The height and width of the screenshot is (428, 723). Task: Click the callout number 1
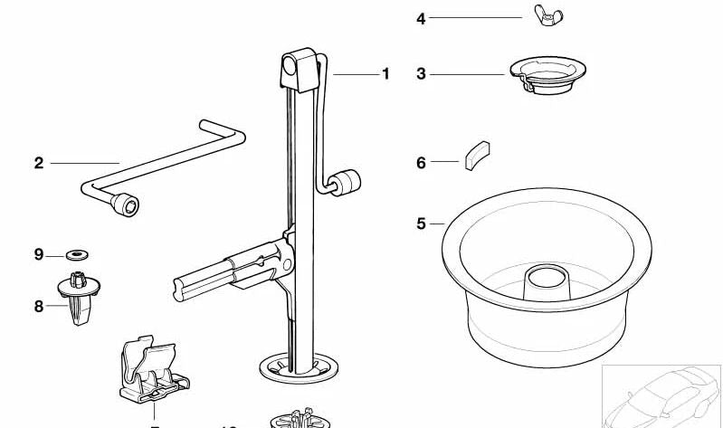pyautogui.click(x=385, y=74)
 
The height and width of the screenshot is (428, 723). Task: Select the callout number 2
pyautogui.click(x=38, y=163)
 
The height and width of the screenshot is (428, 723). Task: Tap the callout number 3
pyautogui.click(x=421, y=74)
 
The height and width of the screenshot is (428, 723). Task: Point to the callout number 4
pyautogui.click(x=421, y=18)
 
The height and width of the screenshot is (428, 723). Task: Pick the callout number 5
pyautogui.click(x=421, y=224)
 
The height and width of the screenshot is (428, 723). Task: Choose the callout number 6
pyautogui.click(x=421, y=163)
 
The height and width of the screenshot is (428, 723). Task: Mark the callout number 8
pyautogui.click(x=38, y=307)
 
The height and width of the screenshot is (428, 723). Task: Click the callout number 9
pyautogui.click(x=38, y=255)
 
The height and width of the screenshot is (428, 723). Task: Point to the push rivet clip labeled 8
pyautogui.click(x=77, y=294)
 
